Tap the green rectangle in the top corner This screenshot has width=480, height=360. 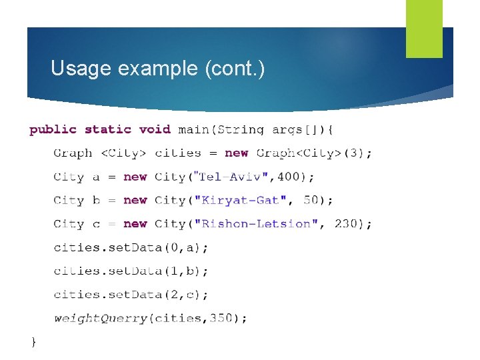click(x=424, y=29)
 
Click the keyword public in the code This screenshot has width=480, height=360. click(x=53, y=129)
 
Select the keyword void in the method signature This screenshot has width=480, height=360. click(x=155, y=129)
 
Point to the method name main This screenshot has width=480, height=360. click(x=193, y=129)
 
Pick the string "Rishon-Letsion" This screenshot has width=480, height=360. click(x=255, y=224)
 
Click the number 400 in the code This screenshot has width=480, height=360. click(x=289, y=177)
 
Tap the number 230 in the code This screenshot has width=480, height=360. click(x=346, y=224)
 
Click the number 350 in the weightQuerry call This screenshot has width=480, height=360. click(x=221, y=319)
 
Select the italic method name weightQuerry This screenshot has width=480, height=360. click(x=101, y=319)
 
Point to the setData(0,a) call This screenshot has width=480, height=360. click(x=131, y=247)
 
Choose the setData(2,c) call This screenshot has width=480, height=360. click(x=131, y=295)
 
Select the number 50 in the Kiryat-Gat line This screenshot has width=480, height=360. click(x=311, y=200)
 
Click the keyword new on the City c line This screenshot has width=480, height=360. click(x=135, y=224)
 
